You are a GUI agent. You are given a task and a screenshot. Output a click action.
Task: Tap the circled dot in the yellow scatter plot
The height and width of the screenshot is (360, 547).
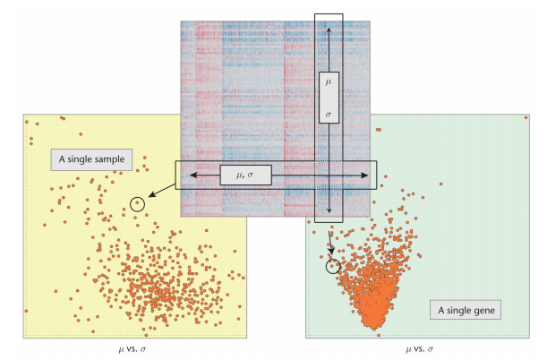pyautogui.click(x=136, y=204)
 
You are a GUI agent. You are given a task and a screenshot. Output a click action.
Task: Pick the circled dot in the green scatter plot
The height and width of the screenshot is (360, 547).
pyautogui.click(x=332, y=265)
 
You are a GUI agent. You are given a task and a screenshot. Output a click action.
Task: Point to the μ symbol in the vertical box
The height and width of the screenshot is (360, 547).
pyautogui.click(x=329, y=81)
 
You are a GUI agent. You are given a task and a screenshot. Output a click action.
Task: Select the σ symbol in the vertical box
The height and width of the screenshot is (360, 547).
pyautogui.click(x=329, y=115)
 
